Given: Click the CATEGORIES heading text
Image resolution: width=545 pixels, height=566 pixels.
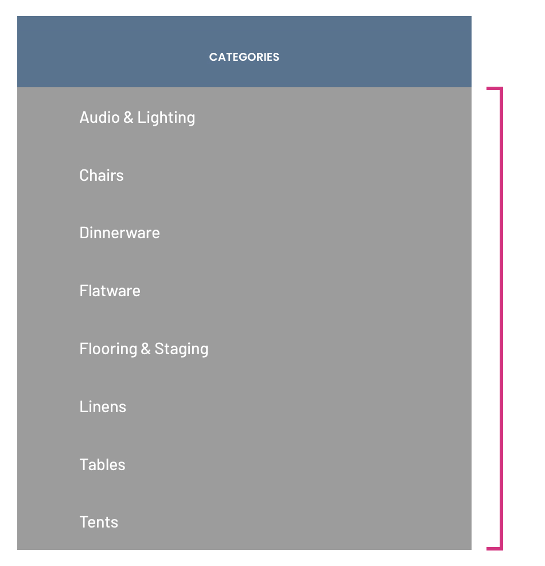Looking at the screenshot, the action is pyautogui.click(x=244, y=57).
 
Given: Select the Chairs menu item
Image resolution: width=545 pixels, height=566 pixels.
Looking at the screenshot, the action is pyautogui.click(x=102, y=176).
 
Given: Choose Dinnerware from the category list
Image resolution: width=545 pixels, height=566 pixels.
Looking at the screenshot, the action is pyautogui.click(x=119, y=233).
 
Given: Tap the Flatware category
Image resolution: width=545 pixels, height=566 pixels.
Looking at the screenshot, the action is pyautogui.click(x=110, y=291).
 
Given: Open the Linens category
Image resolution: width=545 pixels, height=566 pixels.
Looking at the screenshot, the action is pyautogui.click(x=103, y=407).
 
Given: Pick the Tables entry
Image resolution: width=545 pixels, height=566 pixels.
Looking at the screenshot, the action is pyautogui.click(x=103, y=464).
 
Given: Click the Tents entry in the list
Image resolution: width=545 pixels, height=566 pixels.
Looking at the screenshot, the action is pyautogui.click(x=99, y=522).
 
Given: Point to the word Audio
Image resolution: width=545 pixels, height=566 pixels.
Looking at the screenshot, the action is pyautogui.click(x=100, y=118).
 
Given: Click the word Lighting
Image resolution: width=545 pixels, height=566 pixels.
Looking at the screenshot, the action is pyautogui.click(x=166, y=119).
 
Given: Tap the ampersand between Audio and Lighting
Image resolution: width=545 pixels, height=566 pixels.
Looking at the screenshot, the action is pyautogui.click(x=129, y=118).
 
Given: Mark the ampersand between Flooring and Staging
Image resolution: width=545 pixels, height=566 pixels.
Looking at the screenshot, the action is pyautogui.click(x=146, y=349).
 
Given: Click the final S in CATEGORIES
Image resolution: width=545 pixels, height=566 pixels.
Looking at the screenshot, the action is pyautogui.click(x=276, y=57).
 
